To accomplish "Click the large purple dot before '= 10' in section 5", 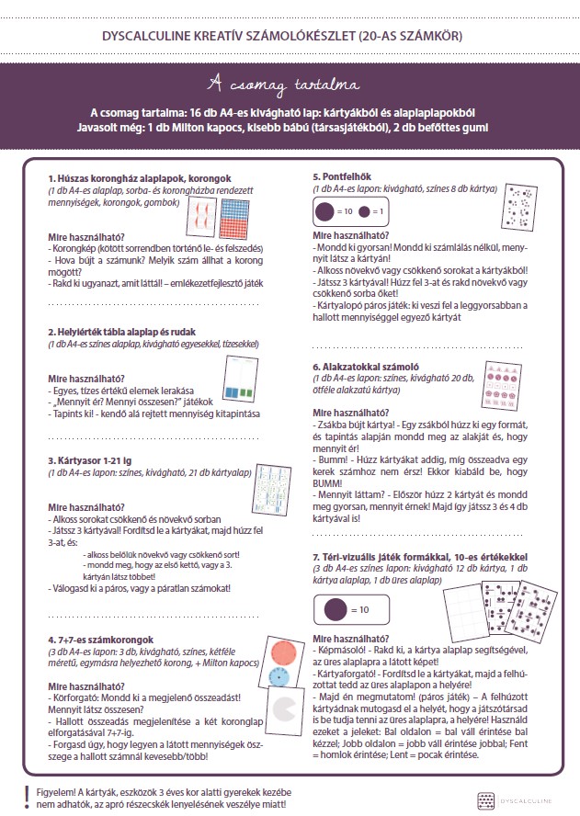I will (324, 211).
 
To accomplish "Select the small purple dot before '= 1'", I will (366, 211).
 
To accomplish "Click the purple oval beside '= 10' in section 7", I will (332, 608).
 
